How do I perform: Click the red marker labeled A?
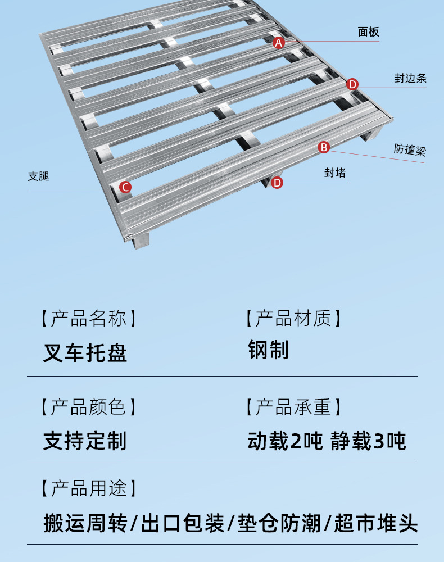point(279,42)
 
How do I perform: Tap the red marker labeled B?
point(324,147)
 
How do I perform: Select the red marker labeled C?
point(125,187)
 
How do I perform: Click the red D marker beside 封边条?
point(352,84)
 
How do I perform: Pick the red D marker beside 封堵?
point(277,183)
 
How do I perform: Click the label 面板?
point(369,32)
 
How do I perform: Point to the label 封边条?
point(410,78)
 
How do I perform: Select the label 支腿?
point(39,176)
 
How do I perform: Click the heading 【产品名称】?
point(88,319)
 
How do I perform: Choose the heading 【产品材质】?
point(293,319)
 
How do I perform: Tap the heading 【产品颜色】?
point(88,406)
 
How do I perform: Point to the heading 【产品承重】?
point(293,406)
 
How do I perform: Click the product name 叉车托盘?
point(85,352)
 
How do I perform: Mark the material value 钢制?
point(269,350)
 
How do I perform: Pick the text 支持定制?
point(85,441)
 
